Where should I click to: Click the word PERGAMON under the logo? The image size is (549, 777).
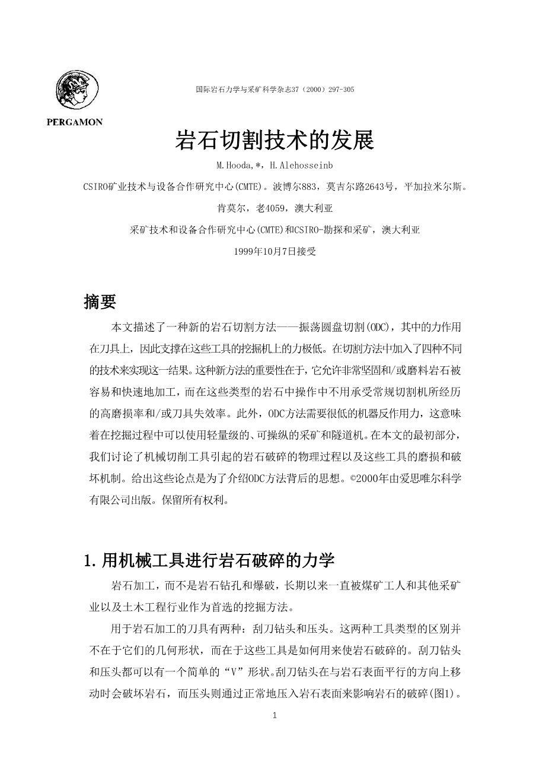[x=75, y=122]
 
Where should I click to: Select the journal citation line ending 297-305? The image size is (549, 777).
[x=275, y=90]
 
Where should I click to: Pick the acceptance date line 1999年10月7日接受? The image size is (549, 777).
[x=275, y=251]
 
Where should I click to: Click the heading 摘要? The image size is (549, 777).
[x=100, y=302]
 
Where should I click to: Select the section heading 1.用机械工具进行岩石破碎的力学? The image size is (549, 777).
[x=210, y=560]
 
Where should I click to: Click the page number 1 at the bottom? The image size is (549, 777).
[x=274, y=715]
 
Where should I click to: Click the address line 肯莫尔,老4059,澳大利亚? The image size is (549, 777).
[x=275, y=208]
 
